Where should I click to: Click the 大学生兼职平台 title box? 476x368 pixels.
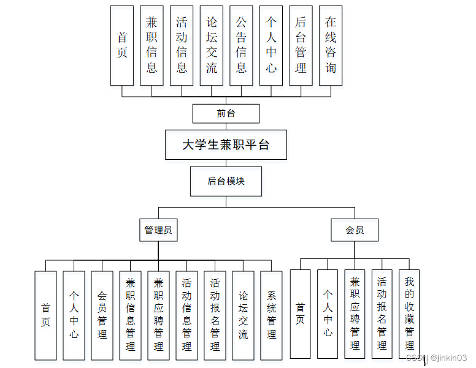[x=226, y=145]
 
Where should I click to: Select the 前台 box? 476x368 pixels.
[x=226, y=113]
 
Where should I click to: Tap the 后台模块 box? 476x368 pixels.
[x=226, y=181]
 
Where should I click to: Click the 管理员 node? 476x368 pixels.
[x=158, y=230]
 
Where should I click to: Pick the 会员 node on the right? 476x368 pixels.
[x=355, y=230]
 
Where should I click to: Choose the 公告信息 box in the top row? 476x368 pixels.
[x=241, y=45]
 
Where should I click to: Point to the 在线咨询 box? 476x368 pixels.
[x=331, y=45]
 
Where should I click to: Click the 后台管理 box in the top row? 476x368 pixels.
[x=301, y=45]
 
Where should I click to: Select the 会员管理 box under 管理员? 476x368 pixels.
[x=102, y=315]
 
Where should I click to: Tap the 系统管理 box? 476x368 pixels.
[x=271, y=315]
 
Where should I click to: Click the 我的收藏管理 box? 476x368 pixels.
[x=409, y=314]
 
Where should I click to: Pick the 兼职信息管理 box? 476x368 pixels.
[x=130, y=315]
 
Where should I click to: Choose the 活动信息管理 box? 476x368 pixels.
[x=186, y=315]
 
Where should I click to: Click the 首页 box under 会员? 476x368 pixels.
[x=300, y=314]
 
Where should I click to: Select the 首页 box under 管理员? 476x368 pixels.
[x=45, y=315]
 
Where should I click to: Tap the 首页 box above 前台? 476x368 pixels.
[x=122, y=45]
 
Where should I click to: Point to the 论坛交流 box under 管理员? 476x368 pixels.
[x=243, y=315]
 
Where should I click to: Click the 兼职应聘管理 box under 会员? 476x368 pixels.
[x=355, y=314]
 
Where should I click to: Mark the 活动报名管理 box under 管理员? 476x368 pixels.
[x=215, y=315]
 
